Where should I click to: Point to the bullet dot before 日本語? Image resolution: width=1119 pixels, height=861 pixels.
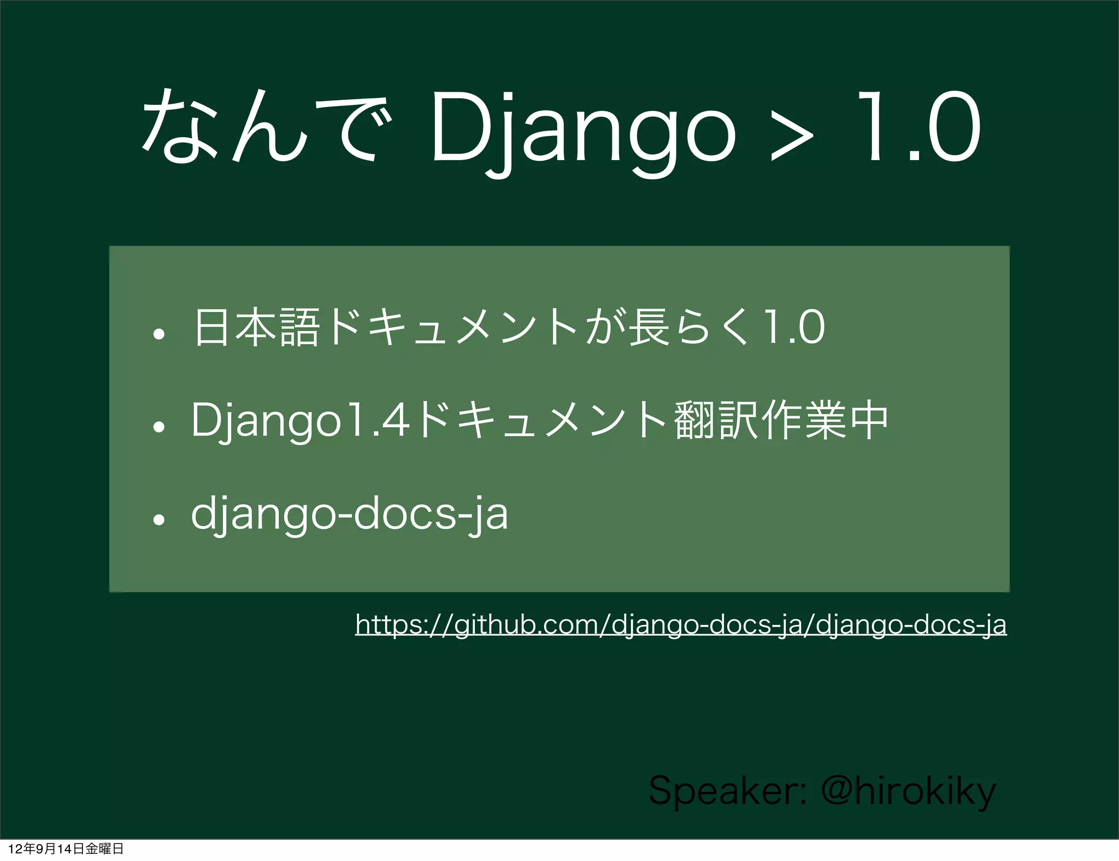[159, 334]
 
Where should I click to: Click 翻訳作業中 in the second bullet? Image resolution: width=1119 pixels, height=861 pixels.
[781, 421]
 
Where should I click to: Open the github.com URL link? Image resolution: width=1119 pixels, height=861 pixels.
[680, 624]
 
